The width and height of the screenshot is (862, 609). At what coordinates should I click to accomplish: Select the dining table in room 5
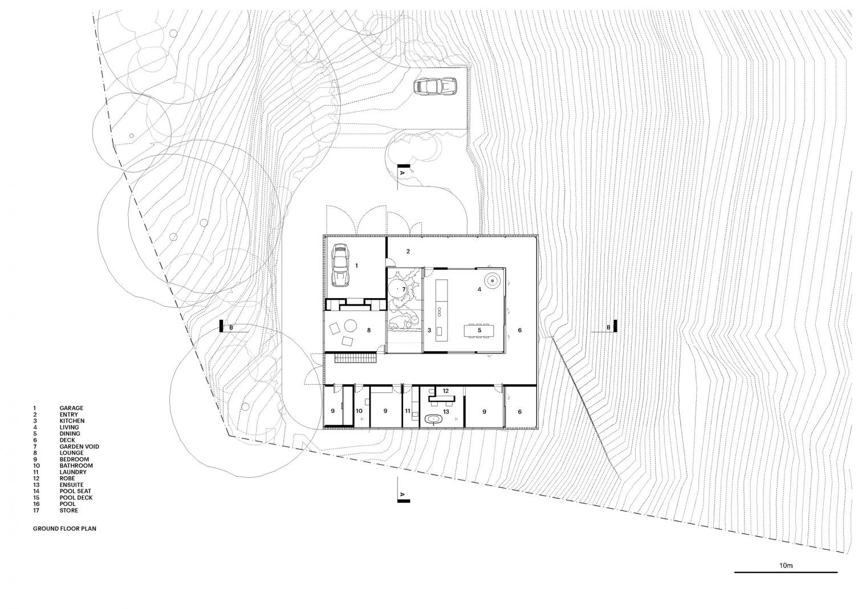pyautogui.click(x=479, y=330)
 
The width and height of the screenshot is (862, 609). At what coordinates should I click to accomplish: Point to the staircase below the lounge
pyautogui.click(x=356, y=359)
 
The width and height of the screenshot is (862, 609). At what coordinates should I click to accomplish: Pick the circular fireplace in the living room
pyautogui.click(x=492, y=281)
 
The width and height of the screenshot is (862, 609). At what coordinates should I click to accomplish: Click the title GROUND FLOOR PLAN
pyautogui.click(x=64, y=529)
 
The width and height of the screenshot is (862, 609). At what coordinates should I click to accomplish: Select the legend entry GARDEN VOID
pyautogui.click(x=79, y=446)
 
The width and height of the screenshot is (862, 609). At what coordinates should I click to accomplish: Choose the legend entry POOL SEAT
pyautogui.click(x=75, y=491)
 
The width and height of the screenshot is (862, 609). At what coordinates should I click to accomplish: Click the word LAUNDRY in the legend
pyautogui.click(x=73, y=472)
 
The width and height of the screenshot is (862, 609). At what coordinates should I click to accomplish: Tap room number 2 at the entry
pyautogui.click(x=408, y=251)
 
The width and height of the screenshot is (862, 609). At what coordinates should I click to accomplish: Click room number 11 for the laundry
pyautogui.click(x=408, y=411)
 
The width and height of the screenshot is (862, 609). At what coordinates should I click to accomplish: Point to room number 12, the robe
pyautogui.click(x=446, y=391)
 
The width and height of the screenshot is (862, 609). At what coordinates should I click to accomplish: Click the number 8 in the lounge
pyautogui.click(x=369, y=330)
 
